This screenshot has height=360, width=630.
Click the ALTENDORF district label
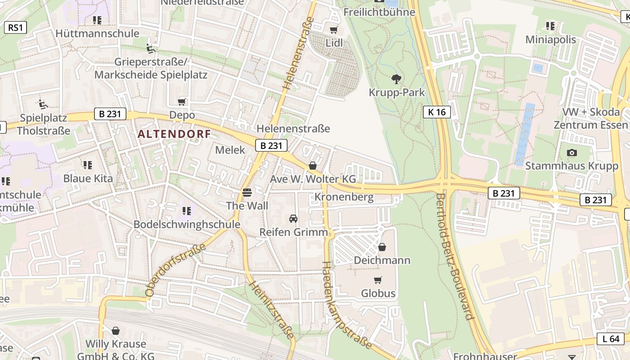point(174,134)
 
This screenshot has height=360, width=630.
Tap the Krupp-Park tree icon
point(396,79)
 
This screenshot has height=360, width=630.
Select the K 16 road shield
point(436,112)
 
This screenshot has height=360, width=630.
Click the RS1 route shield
point(15,27)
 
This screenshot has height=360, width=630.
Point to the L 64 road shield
point(611,339)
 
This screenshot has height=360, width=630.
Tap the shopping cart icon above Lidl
point(333,30)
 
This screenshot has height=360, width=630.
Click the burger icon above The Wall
point(247,193)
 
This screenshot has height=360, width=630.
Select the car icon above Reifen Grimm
point(293,219)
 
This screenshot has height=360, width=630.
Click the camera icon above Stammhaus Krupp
point(572,153)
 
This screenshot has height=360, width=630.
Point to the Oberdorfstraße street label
point(176,270)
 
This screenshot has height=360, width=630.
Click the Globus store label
point(378,293)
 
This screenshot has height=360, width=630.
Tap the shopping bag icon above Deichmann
point(382,247)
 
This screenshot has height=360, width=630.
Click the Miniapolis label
point(550,40)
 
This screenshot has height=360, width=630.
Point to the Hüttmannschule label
point(97,34)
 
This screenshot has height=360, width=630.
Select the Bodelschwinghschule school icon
point(187,211)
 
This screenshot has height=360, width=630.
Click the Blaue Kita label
point(88,178)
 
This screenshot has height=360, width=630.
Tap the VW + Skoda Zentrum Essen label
point(590,118)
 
